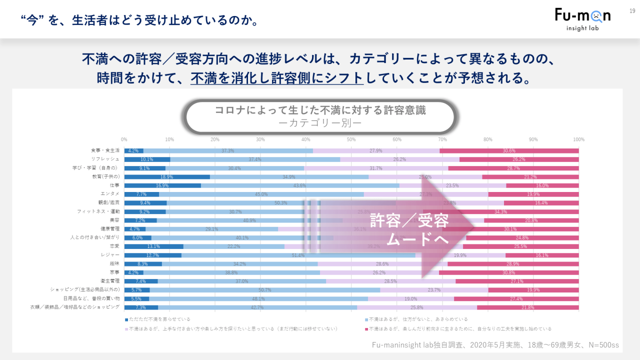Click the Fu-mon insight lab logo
pyautogui.click(x=582, y=19)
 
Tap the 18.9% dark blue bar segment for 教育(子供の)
pyautogui.click(x=167, y=177)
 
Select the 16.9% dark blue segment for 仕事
pyautogui.click(x=162, y=185)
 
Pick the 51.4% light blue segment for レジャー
pyautogui.click(x=298, y=255)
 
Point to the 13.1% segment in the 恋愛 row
pyautogui.click(x=153, y=246)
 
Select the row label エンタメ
pyautogui.click(x=109, y=194)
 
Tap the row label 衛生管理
pyautogui.click(x=109, y=281)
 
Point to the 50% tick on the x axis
pyautogui.click(x=351, y=139)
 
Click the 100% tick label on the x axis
pyautogui.click(x=578, y=139)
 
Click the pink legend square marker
pyautogui.click(x=366, y=329)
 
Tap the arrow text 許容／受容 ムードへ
pyautogui.click(x=409, y=230)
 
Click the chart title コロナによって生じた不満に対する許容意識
pyautogui.click(x=320, y=110)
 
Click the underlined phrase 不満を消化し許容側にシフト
pyautogui.click(x=276, y=77)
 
